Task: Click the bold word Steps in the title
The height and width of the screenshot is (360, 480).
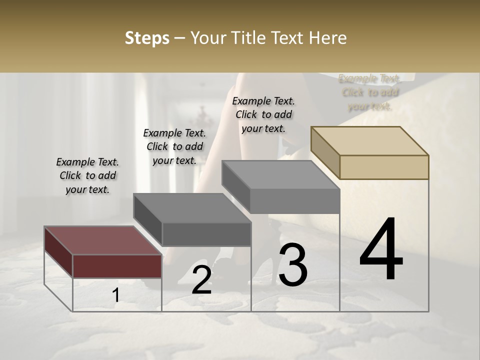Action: tap(147, 38)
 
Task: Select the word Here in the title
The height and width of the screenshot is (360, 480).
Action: tap(327, 38)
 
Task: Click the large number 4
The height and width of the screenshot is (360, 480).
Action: tap(381, 250)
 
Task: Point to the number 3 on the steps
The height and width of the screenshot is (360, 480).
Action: tap(292, 265)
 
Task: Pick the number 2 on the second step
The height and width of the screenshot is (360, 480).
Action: tap(201, 280)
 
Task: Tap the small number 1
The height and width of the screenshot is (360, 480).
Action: tap(116, 295)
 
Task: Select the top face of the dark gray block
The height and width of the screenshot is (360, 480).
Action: tap(192, 207)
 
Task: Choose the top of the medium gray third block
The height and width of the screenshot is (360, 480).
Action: tap(280, 175)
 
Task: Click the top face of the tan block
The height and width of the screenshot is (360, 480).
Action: tap(370, 140)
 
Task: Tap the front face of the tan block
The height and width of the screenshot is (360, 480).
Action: tap(384, 167)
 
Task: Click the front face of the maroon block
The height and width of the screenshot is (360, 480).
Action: tap(117, 265)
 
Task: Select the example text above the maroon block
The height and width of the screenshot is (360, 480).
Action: tap(87, 175)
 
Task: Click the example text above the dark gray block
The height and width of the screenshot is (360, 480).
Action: tap(174, 146)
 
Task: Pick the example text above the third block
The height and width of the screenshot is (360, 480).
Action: tap(263, 114)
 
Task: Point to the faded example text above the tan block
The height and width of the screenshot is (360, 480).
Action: tap(369, 92)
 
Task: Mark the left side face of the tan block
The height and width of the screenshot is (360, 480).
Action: tap(325, 152)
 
